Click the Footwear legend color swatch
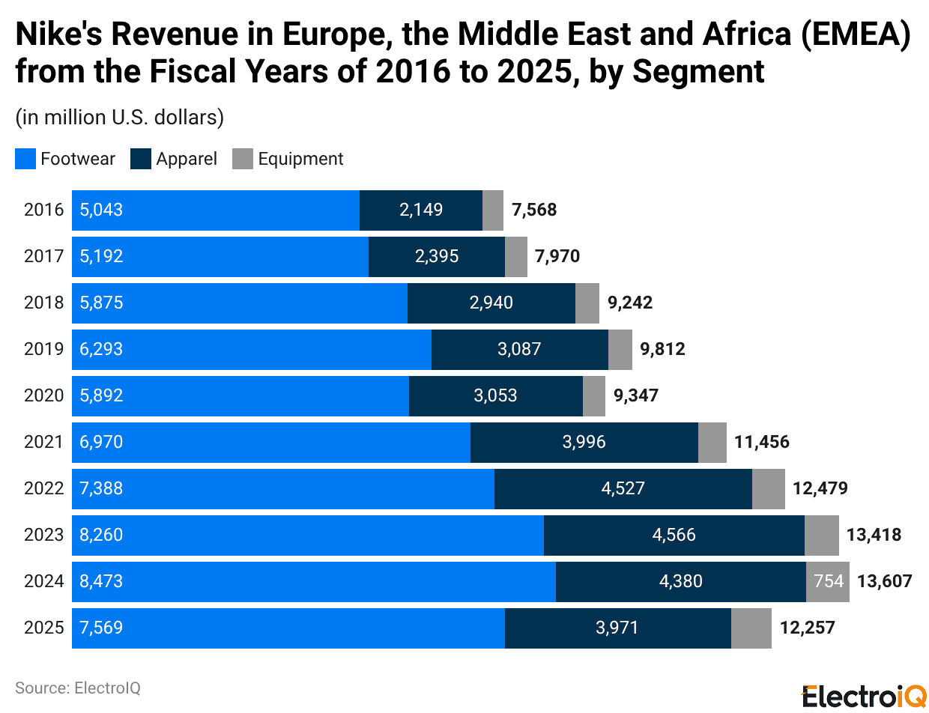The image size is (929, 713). [25, 159]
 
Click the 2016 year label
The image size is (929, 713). [43, 210]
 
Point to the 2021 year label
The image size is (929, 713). [43, 442]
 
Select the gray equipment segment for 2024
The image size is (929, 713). [827, 581]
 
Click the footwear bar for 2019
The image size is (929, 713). [251, 349]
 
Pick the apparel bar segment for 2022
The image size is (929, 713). [623, 488]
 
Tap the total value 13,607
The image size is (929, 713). [884, 581]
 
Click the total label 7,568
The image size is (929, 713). [533, 210]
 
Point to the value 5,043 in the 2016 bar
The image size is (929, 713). [101, 210]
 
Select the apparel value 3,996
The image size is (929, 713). [584, 442]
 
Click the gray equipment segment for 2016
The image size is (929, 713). [492, 210]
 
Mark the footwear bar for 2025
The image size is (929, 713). [288, 628]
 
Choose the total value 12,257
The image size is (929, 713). [807, 628]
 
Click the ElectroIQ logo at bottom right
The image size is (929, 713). [864, 696]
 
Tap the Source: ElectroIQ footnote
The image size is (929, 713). [78, 688]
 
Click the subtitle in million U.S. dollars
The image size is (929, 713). [119, 118]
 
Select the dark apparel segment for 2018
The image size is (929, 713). [491, 303]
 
